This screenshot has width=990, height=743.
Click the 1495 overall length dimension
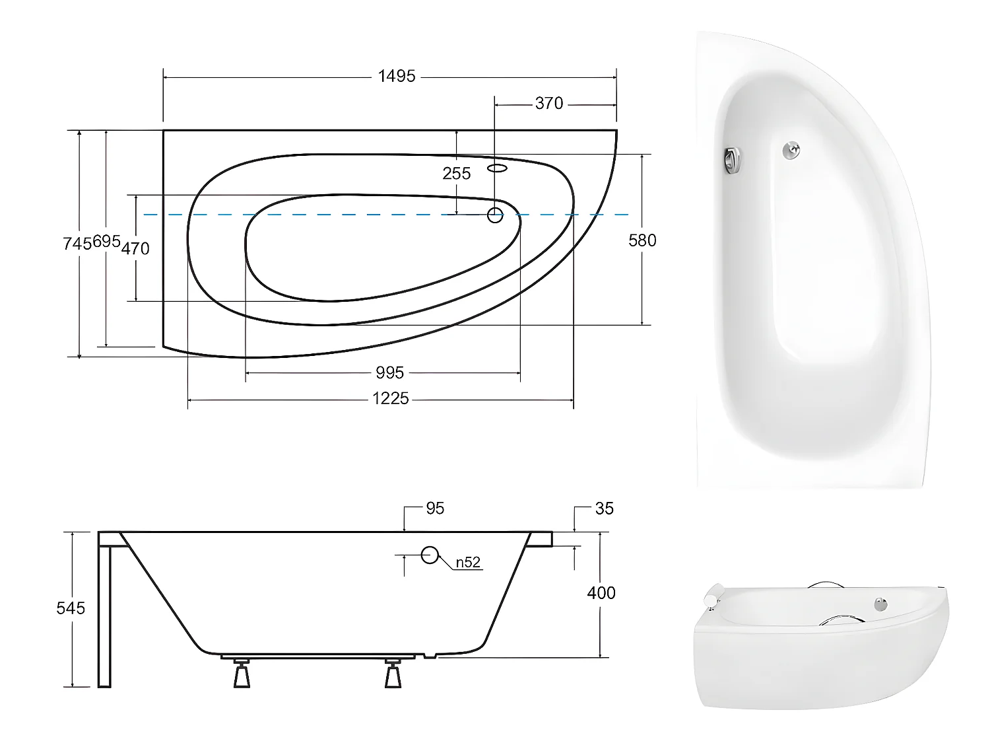click(397, 77)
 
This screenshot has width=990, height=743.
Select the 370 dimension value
click(549, 104)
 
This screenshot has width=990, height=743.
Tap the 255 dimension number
click(457, 174)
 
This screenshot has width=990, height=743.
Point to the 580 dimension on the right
click(642, 240)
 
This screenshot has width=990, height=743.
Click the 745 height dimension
click(77, 243)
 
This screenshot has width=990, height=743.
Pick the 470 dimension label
click(135, 249)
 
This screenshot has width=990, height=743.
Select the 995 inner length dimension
click(389, 373)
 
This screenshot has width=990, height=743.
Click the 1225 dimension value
click(390, 399)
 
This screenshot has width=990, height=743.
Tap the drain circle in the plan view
click(495, 215)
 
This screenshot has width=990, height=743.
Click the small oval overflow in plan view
click(498, 168)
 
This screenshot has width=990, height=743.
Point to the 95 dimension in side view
click(435, 509)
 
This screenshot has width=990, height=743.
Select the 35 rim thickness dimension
click(604, 509)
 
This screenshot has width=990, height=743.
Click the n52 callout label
click(468, 563)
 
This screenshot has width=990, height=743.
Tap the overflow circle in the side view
click(430, 555)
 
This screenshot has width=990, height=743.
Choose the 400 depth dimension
click(601, 593)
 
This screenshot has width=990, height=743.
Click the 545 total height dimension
click(71, 608)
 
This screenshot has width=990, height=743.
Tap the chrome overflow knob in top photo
click(732, 160)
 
